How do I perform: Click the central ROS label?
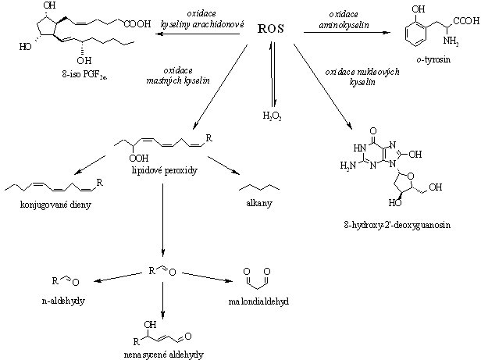[270, 29]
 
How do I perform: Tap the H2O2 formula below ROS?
[272, 116]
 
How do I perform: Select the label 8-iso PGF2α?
[84, 75]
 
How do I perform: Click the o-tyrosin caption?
[433, 59]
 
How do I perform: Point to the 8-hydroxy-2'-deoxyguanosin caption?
[397, 225]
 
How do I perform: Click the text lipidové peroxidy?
[165, 171]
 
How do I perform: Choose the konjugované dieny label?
[55, 205]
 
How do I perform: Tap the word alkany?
[259, 203]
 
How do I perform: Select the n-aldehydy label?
[63, 301]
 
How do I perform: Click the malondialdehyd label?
[258, 301]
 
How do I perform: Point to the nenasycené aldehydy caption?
[163, 355]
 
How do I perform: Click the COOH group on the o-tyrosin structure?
[466, 21]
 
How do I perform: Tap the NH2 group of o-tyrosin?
[451, 41]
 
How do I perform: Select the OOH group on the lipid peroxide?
[139, 159]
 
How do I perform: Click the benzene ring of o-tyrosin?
[415, 35]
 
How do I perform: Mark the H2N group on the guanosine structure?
[347, 166]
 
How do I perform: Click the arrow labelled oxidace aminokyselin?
[347, 32]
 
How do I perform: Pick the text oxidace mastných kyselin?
[178, 76]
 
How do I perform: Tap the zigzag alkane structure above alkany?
[259, 187]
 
